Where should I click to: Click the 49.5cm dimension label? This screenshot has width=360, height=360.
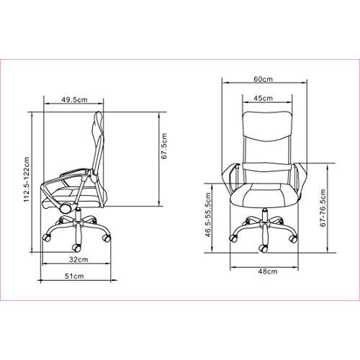[74, 99]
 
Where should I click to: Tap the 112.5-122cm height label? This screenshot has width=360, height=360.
[27, 179]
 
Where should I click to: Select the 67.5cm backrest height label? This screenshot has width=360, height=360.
[164, 146]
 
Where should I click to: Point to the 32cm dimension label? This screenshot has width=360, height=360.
[78, 259]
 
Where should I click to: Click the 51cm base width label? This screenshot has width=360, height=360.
[74, 276]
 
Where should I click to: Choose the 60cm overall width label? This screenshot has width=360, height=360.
[264, 79]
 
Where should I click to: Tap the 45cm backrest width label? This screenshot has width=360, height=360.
[264, 98]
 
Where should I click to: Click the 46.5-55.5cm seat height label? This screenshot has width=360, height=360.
[208, 215]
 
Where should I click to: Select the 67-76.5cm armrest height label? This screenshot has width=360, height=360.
[323, 208]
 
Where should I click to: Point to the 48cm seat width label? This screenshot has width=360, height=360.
[268, 271]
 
